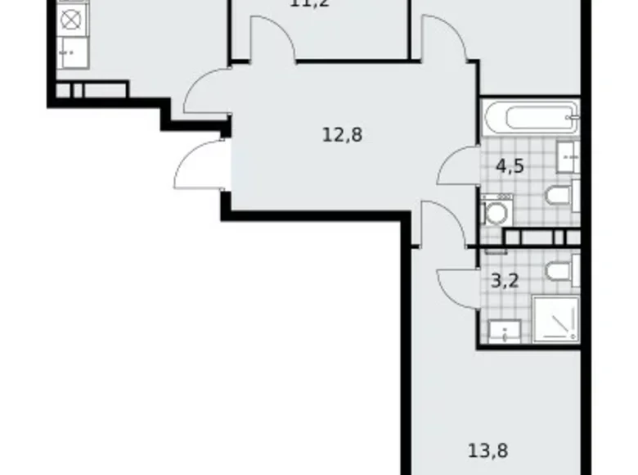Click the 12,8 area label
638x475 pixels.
pyautogui.click(x=342, y=134)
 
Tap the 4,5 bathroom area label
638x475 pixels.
pyautogui.click(x=510, y=166)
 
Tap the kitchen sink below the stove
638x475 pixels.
pyautogui.click(x=69, y=52)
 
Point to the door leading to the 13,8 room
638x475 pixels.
pyautogui.click(x=443, y=223)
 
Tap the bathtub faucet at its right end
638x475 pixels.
pyautogui.click(x=576, y=119)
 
